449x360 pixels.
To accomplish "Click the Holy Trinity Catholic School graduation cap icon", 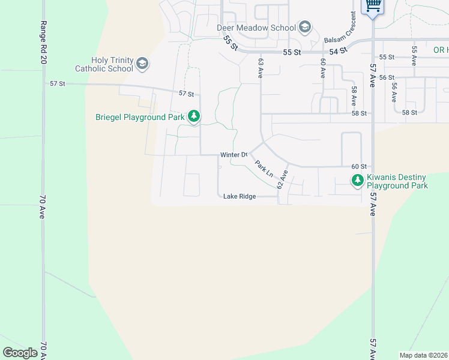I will [x=142, y=64].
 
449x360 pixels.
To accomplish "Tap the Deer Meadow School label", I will [x=256, y=28].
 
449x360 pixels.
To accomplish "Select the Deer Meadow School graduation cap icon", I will [x=305, y=27].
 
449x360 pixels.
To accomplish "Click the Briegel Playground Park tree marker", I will [x=193, y=116].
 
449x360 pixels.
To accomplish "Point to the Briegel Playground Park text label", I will [x=140, y=117].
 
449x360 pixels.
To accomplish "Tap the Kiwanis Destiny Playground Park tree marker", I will [x=358, y=180].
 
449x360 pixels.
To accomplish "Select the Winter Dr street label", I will [x=234, y=155].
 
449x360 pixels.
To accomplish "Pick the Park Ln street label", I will [x=264, y=168].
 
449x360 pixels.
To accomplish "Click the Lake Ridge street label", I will [x=240, y=196].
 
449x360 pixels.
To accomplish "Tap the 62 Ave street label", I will [x=283, y=179].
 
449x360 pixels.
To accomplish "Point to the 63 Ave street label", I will [x=261, y=68].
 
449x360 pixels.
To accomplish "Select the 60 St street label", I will [x=358, y=166].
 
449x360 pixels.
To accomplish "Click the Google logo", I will [x=20, y=353].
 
